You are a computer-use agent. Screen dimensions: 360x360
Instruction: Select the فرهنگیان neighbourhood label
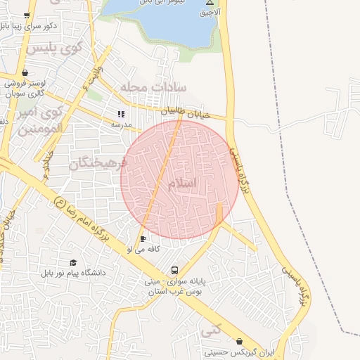[x=98, y=163]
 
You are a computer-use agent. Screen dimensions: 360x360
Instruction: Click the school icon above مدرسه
[x=121, y=114]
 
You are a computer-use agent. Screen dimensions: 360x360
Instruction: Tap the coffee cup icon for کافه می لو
[x=143, y=239]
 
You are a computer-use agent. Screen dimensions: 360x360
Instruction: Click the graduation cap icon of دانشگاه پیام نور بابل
[x=73, y=262]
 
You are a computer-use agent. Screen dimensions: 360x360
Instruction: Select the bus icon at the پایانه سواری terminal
[x=174, y=270]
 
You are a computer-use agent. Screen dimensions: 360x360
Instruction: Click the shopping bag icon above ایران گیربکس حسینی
[x=239, y=340]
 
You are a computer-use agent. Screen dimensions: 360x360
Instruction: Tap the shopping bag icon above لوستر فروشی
[x=25, y=72]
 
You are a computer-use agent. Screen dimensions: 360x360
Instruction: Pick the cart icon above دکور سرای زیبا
[x=27, y=15]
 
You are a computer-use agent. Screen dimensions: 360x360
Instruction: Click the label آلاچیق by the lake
[x=210, y=13]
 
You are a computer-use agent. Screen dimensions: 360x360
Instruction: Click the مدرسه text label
[x=121, y=124]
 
